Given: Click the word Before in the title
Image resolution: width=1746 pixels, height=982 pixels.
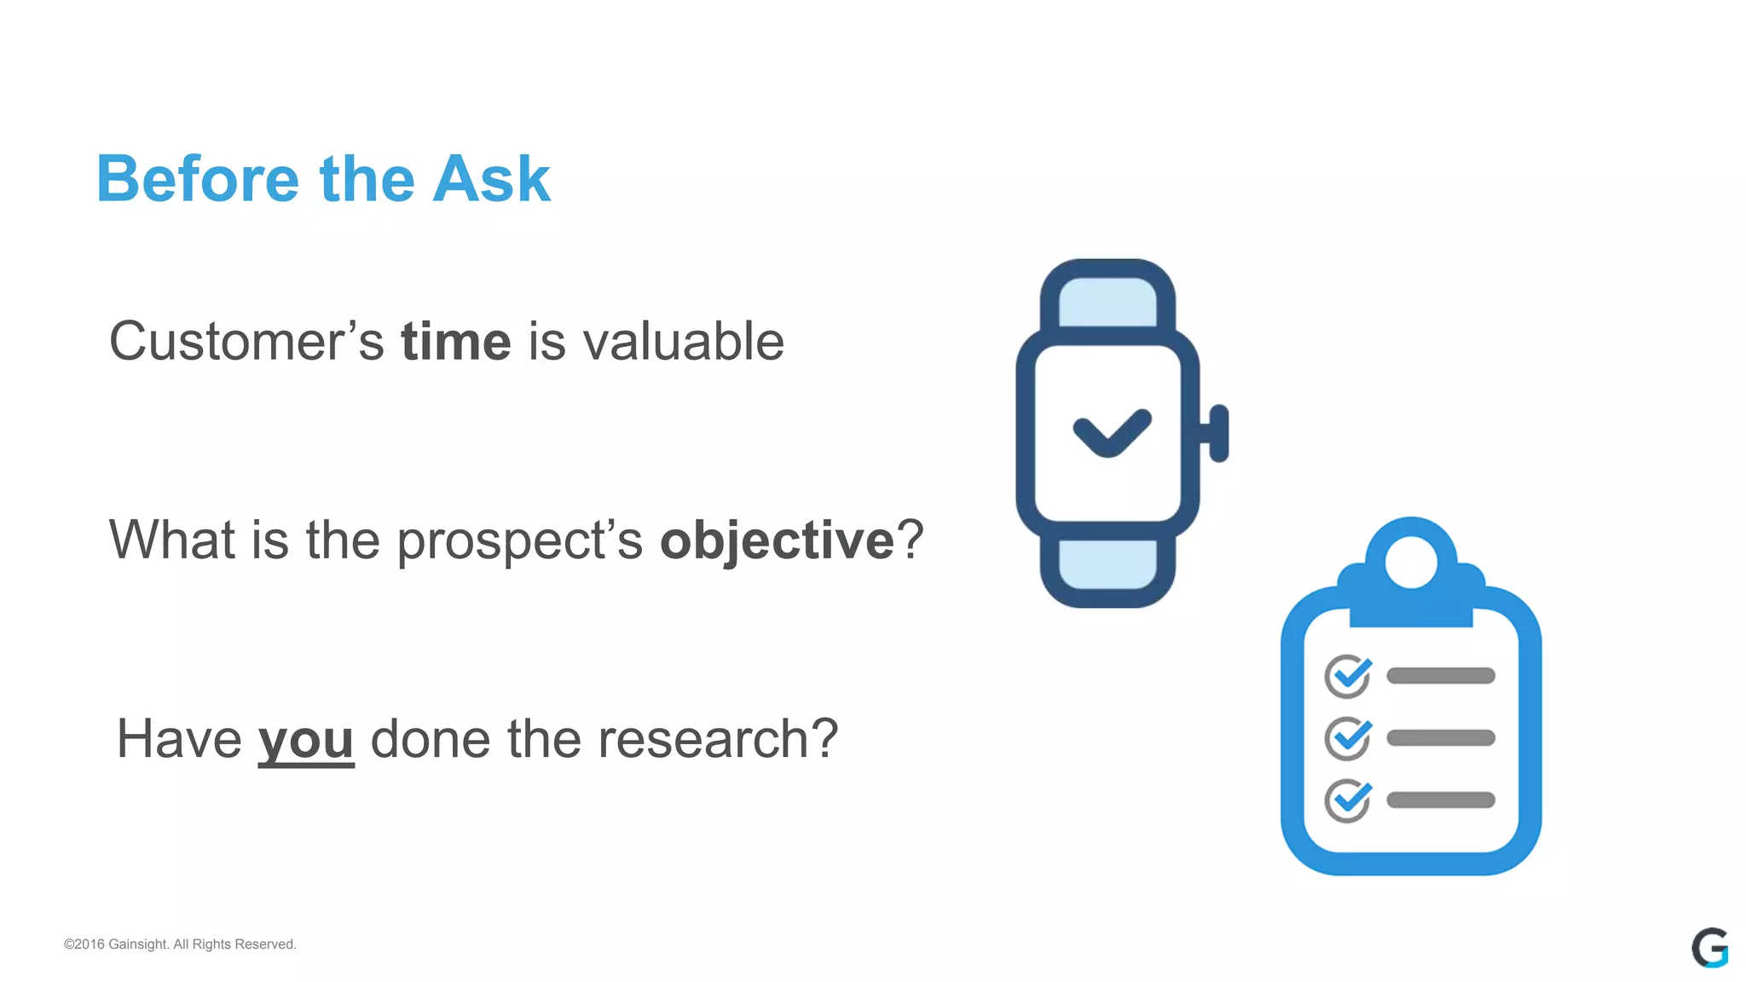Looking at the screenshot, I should point(198,179).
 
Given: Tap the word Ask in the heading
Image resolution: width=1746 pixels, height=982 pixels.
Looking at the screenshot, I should point(491,179).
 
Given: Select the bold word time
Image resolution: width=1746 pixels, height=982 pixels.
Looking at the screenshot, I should point(456,342).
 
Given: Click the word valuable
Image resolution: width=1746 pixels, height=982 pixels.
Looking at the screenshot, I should point(683,342).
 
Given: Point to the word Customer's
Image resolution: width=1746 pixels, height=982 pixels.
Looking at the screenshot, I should point(246,342).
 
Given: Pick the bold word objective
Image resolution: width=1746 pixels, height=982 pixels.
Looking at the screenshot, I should point(777,540).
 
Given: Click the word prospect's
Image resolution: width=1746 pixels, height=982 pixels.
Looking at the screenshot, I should point(520,542).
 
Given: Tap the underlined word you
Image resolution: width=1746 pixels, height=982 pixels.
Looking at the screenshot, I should point(306,740).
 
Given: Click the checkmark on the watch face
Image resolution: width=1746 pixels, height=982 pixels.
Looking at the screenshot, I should point(1111,432).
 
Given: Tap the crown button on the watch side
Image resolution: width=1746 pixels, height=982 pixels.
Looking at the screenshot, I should point(1219,433).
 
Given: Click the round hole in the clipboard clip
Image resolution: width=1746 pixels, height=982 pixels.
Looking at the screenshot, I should point(1411,563).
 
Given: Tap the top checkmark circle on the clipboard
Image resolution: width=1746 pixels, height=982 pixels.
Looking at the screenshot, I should point(1348,677).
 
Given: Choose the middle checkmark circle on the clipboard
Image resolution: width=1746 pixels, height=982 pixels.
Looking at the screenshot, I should point(1348,738).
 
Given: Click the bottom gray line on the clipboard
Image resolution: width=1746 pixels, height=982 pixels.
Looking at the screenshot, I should point(1441,800).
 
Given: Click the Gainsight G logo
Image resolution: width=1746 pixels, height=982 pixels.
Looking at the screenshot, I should point(1709,948).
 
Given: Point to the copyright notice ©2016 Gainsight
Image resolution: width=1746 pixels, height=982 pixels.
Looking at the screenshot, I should point(180,944).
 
